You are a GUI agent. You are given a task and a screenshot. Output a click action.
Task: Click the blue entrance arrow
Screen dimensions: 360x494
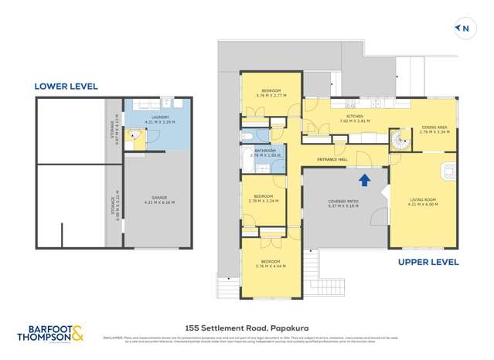click(365, 180)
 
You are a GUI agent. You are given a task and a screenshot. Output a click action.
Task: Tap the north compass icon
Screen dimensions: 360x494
click(463, 29)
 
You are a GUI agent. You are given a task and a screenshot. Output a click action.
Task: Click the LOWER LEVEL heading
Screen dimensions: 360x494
click(66, 87)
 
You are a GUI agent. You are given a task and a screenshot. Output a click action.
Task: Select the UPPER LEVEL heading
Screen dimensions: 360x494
click(428, 262)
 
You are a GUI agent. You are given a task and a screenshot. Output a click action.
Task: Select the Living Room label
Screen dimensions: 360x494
click(423, 202)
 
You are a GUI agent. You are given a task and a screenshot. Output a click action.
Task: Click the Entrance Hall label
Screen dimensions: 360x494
click(332, 160)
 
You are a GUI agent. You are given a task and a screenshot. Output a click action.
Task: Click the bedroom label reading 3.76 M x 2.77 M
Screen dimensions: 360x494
click(271, 93)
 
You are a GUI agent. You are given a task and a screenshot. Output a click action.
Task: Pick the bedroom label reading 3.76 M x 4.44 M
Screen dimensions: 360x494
click(271, 263)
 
